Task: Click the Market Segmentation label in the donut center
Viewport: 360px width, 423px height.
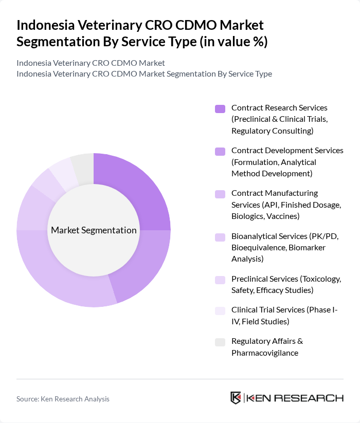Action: tap(94, 230)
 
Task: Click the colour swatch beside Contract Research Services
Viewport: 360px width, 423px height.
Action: tap(220, 108)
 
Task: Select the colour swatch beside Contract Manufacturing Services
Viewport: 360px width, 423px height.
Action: tap(220, 194)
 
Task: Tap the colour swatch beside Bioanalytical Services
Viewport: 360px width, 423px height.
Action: tap(220, 237)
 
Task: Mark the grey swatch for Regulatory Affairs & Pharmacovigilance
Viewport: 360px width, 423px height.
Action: tap(220, 342)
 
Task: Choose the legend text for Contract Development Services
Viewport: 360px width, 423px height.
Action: tap(287, 162)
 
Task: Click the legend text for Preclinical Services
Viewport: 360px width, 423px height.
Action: tap(286, 284)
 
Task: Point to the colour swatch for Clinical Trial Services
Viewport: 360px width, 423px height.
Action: tap(220, 310)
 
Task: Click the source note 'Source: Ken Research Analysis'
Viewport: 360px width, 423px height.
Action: tap(63, 399)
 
